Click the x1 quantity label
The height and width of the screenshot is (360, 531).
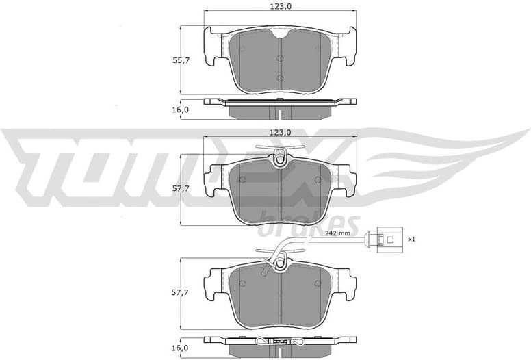(x=411, y=240)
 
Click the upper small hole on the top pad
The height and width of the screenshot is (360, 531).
(x=280, y=56)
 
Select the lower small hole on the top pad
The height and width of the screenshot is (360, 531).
(x=280, y=77)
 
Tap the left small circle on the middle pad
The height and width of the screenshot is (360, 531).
(x=242, y=180)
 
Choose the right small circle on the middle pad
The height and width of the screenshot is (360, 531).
(x=318, y=180)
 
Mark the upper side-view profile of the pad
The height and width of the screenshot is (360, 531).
(x=281, y=105)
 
